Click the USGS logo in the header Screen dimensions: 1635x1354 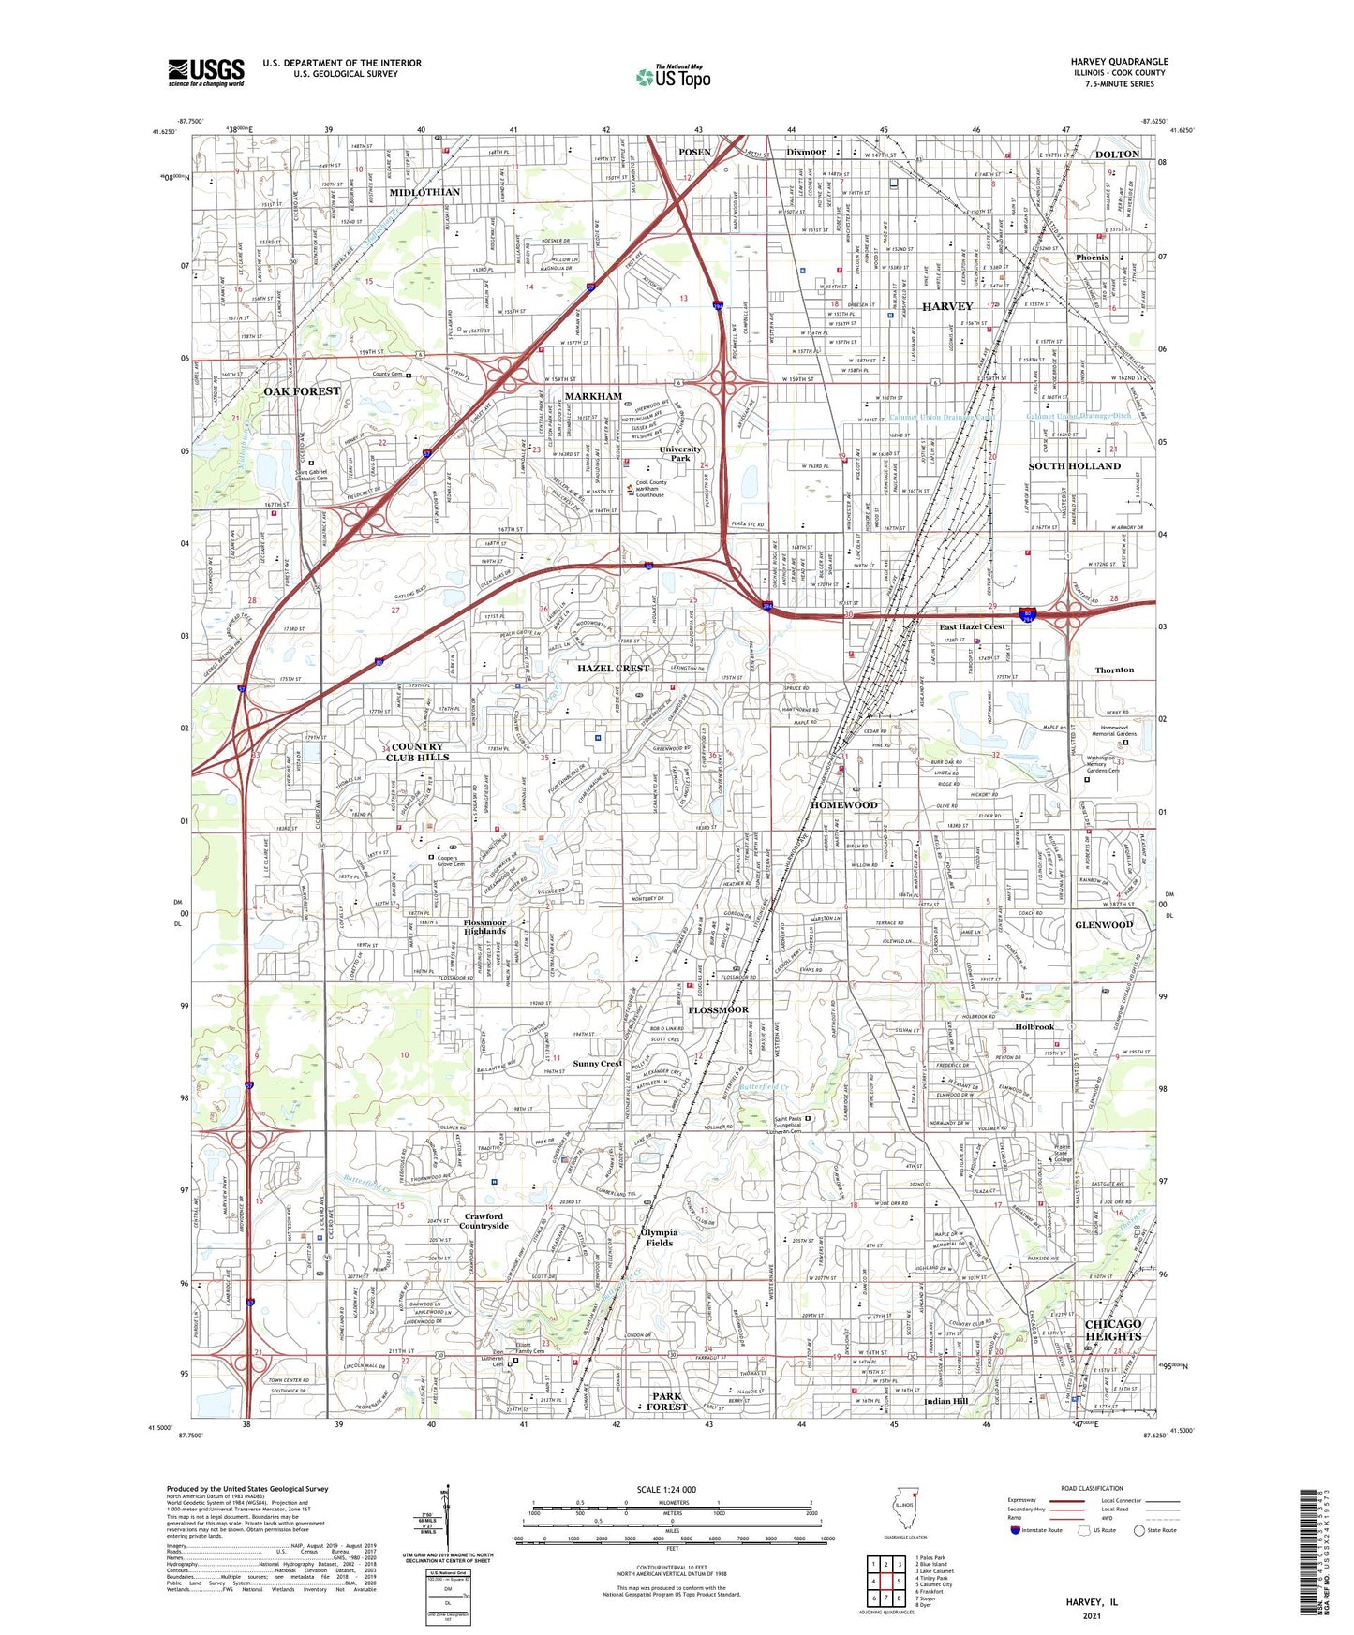pyautogui.click(x=205, y=72)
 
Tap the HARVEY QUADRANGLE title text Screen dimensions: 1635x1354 pyautogui.click(x=1119, y=62)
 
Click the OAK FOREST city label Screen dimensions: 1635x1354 pyautogui.click(x=302, y=391)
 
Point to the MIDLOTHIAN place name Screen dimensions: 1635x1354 pyautogui.click(x=424, y=192)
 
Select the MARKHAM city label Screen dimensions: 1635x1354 pyautogui.click(x=592, y=396)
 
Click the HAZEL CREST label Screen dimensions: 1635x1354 pyautogui.click(x=613, y=668)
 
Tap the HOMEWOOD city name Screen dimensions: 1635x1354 pyautogui.click(x=843, y=805)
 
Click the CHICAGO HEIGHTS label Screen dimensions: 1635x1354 pyautogui.click(x=1112, y=1330)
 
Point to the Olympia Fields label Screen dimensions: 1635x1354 pyautogui.click(x=659, y=1237)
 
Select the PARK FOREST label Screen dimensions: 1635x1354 pyautogui.click(x=666, y=1401)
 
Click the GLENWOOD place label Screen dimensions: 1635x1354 pyautogui.click(x=1104, y=924)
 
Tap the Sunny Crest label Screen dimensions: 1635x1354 pyautogui.click(x=597, y=1064)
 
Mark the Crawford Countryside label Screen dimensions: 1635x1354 pyautogui.click(x=484, y=1221)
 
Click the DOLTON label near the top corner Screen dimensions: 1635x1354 pyautogui.click(x=1117, y=154)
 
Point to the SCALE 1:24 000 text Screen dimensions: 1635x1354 pyautogui.click(x=666, y=1489)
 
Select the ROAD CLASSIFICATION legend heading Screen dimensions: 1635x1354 pyautogui.click(x=1091, y=1488)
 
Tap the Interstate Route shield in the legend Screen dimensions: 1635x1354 pyautogui.click(x=1016, y=1530)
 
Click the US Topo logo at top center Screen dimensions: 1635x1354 pyautogui.click(x=672, y=77)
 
